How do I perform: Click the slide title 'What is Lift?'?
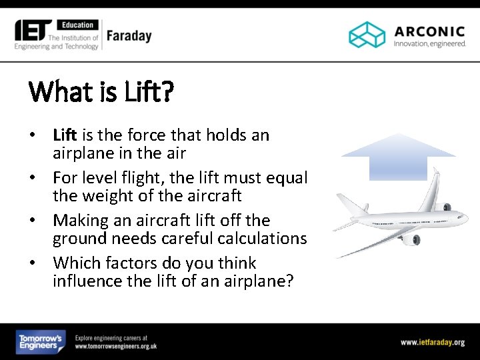[101, 91]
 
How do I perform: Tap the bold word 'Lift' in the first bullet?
[65, 135]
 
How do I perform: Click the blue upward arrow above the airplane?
[398, 157]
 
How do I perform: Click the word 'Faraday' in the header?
[129, 36]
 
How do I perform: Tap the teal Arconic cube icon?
[367, 35]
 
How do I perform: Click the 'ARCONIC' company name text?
[429, 31]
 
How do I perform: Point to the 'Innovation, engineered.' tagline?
[429, 44]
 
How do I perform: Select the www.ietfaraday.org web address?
[432, 343]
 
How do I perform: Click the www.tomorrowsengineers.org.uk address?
[116, 347]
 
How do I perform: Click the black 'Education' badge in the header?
[78, 25]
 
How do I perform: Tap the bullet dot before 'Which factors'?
[32, 263]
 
